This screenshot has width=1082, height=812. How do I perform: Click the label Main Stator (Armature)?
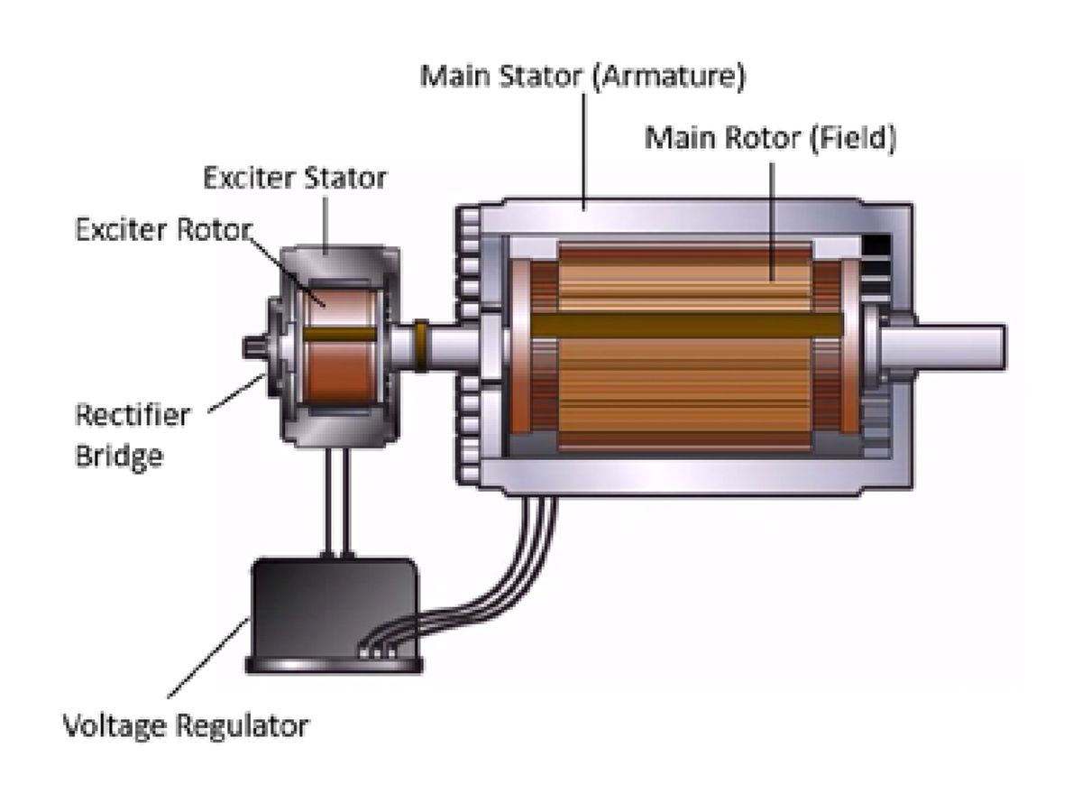(583, 77)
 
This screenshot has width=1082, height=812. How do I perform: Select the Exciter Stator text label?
(295, 178)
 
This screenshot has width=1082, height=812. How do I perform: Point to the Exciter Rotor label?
(162, 231)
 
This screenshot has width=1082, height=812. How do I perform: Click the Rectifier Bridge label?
(132, 436)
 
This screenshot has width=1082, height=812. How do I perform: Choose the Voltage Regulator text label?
(185, 724)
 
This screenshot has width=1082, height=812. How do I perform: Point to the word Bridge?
(119, 456)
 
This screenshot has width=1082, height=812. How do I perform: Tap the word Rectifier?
(132, 416)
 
